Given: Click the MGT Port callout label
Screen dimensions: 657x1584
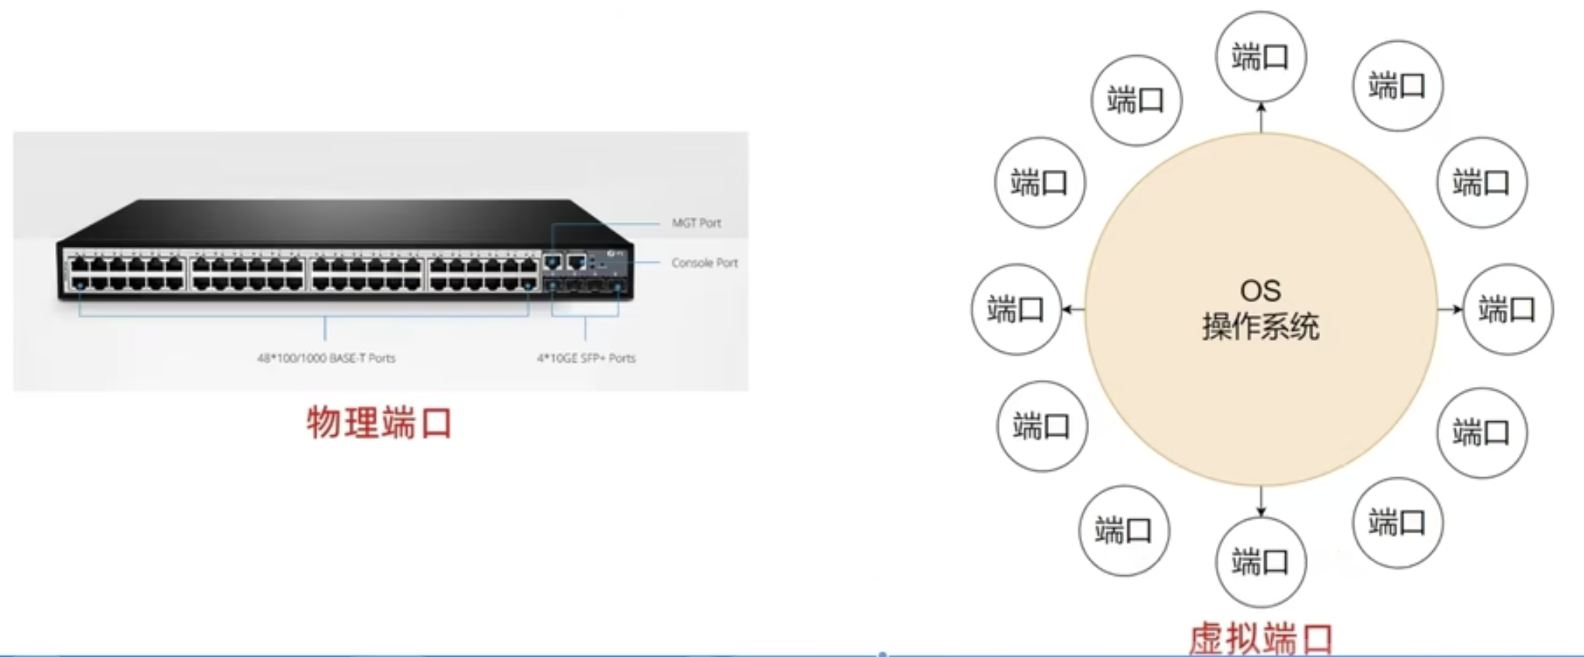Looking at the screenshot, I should click(x=696, y=223).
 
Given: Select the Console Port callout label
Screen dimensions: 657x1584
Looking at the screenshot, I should click(x=704, y=263).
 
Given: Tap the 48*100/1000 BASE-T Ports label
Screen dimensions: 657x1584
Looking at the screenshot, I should click(x=326, y=358).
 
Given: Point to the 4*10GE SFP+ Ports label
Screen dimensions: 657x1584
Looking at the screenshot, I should click(x=586, y=358).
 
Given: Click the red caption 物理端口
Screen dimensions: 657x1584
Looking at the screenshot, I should click(x=379, y=423).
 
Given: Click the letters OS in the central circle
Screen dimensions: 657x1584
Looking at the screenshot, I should click(x=1260, y=291).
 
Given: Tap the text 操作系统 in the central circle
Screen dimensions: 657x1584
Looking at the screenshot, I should click(x=1260, y=327).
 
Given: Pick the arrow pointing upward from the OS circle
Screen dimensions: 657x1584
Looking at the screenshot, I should click(x=1261, y=116).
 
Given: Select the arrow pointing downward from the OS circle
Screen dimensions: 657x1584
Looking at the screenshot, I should click(x=1261, y=502).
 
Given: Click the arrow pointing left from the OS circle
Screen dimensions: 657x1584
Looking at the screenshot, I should click(x=1073, y=310).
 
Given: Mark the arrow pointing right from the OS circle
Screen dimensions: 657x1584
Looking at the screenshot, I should click(x=1450, y=310).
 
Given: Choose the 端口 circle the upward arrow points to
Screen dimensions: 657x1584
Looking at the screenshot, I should click(x=1260, y=57).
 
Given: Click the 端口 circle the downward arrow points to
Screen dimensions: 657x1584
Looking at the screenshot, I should click(x=1260, y=562).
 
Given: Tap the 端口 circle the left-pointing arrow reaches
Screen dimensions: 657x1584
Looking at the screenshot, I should click(x=1016, y=310).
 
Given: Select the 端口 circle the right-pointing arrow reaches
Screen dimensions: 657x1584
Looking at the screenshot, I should click(x=1508, y=310).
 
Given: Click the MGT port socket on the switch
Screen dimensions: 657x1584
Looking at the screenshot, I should click(x=553, y=262).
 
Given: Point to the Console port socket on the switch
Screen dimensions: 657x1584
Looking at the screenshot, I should click(x=576, y=262).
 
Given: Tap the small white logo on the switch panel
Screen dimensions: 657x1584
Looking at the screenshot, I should click(x=613, y=253).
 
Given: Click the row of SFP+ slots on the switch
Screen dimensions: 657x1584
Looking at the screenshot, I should click(x=586, y=286).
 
